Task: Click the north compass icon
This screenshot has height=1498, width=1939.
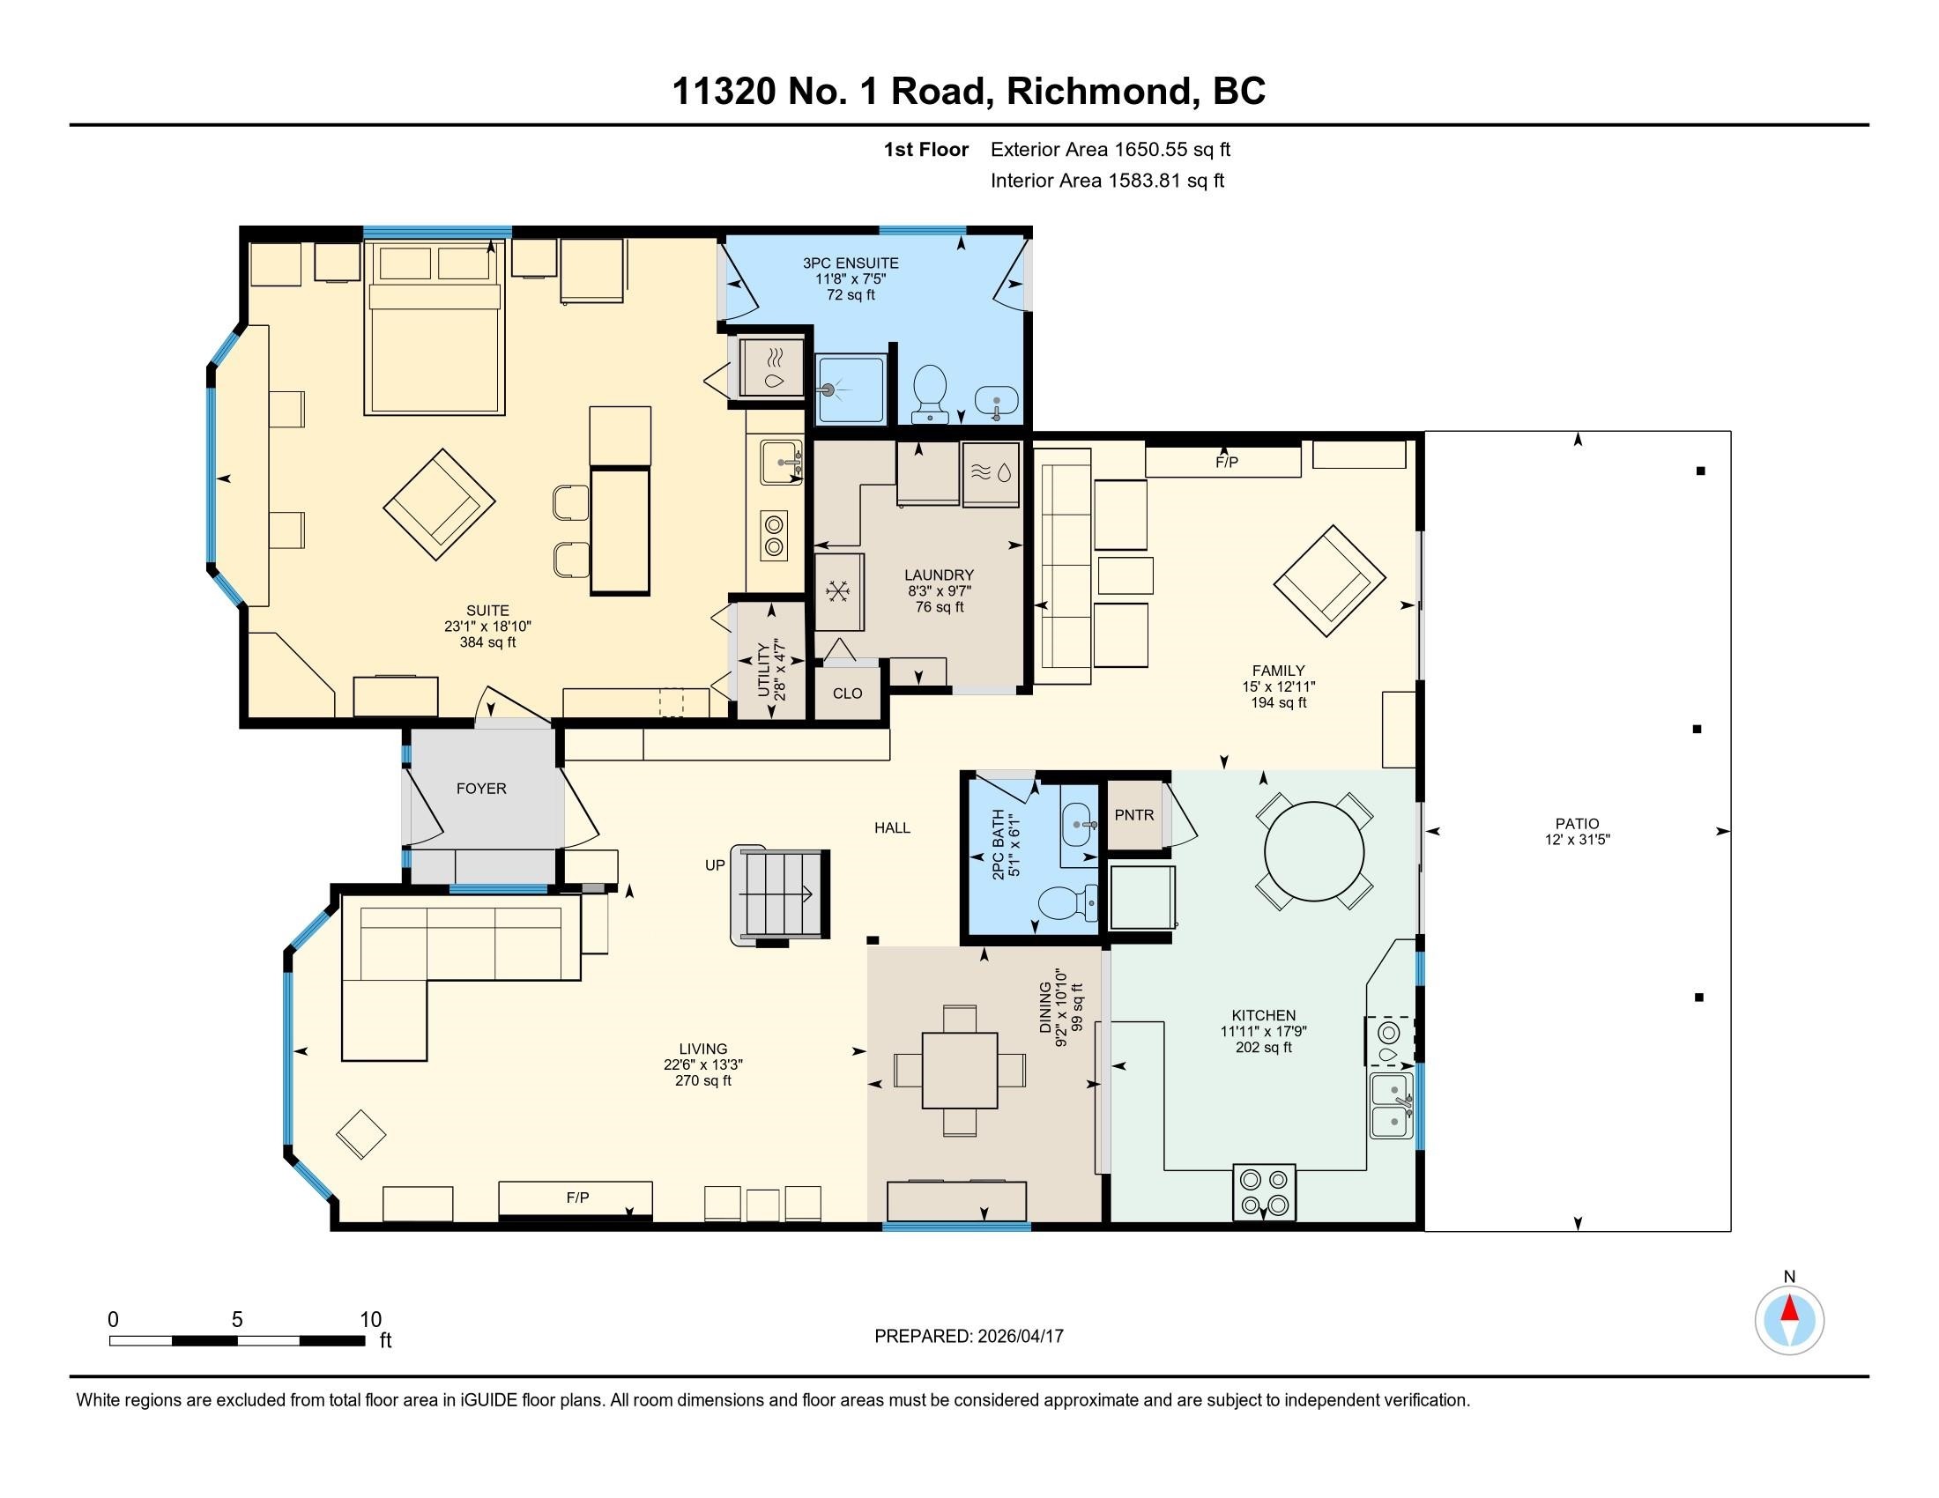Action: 1789,1321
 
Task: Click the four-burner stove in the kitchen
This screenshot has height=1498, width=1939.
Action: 1264,1192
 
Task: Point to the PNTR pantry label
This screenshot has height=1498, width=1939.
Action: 1133,815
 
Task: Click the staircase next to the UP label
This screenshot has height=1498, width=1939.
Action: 779,894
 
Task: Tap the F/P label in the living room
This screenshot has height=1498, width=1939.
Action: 577,1198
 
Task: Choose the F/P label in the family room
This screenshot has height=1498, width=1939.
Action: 1226,463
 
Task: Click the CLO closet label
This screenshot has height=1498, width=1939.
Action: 847,693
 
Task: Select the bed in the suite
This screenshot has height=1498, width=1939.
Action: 435,329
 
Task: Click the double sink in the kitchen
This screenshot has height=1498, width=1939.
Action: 1391,1106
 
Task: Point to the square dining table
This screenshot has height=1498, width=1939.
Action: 960,1070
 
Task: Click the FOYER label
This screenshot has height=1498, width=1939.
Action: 481,788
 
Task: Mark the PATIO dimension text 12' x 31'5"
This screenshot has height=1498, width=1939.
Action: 1577,840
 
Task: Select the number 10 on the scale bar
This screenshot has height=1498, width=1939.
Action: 370,1319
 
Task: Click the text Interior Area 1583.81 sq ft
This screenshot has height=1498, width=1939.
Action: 1107,181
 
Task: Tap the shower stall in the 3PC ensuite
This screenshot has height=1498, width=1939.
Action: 851,389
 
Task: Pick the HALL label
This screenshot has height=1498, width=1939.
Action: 892,827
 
